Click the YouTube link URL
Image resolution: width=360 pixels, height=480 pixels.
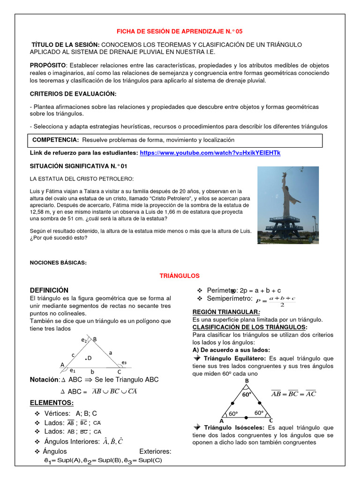point(210,153)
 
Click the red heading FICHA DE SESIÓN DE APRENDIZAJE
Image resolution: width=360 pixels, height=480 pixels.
point(180,31)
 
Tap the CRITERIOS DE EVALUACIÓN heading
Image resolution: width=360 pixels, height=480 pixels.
point(73,94)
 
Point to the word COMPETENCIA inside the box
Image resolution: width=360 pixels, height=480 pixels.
point(55,140)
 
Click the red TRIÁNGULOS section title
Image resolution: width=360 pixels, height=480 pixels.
point(180,276)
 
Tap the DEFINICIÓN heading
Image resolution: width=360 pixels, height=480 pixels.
point(49,290)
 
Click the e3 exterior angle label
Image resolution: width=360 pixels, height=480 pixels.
point(124,362)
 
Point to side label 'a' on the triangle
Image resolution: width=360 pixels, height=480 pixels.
point(111,352)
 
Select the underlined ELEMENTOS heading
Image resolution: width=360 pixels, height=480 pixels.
point(52,403)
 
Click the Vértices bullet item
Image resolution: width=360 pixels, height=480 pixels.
point(70,413)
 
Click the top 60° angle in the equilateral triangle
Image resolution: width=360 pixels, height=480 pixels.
point(247,395)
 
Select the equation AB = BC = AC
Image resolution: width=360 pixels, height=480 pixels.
point(293,394)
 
